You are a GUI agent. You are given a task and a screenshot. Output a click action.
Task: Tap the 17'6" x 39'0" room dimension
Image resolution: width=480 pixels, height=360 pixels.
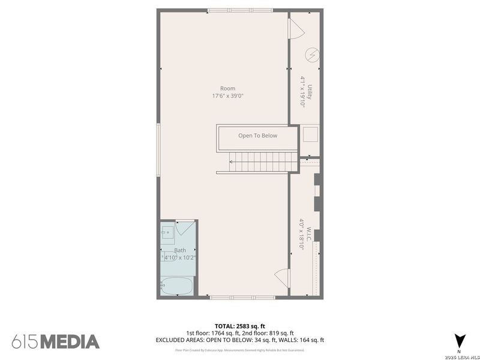click(227, 96)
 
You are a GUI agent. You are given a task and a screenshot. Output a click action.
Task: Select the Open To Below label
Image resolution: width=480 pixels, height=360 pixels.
click(257, 136)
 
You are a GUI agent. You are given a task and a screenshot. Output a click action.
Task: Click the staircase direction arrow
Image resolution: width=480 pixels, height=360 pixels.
click(232, 161)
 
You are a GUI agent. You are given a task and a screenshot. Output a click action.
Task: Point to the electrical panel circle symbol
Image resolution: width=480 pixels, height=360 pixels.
click(312, 55)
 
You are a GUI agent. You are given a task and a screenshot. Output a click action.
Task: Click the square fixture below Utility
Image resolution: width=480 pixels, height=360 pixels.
click(310, 133)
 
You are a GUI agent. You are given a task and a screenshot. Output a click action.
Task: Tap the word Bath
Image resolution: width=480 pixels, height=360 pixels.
click(180, 250)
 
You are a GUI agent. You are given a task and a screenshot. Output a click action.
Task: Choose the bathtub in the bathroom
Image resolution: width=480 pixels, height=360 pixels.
click(178, 286)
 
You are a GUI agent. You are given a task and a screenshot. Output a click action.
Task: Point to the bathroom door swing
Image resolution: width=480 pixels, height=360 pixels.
click(186, 229)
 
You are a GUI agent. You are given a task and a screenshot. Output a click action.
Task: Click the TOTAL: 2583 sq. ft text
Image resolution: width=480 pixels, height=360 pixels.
click(239, 325)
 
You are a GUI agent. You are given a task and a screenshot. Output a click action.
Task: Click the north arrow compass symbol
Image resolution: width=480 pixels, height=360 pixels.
click(459, 340)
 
